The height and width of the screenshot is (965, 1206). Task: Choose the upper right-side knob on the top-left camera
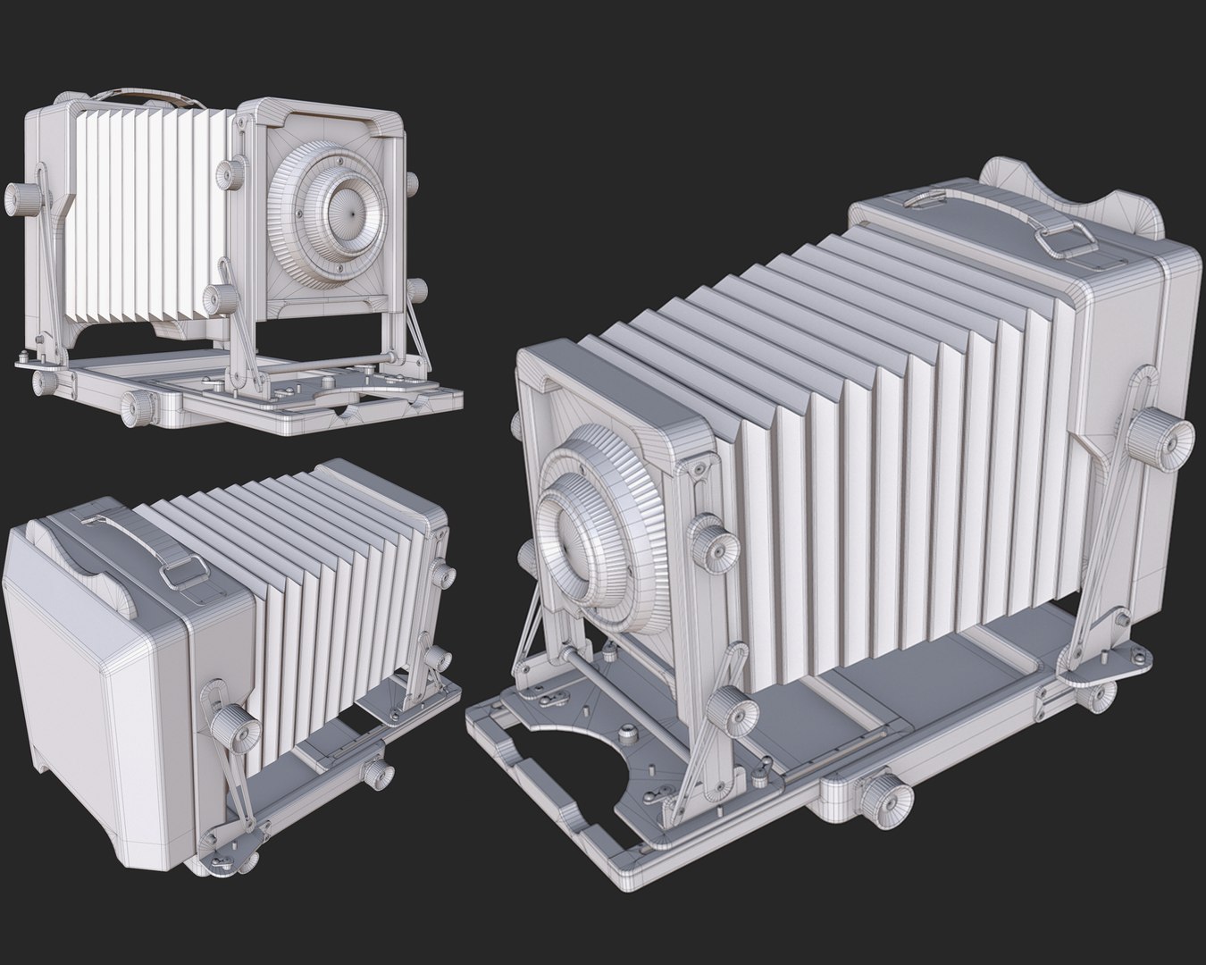(x=412, y=181)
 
